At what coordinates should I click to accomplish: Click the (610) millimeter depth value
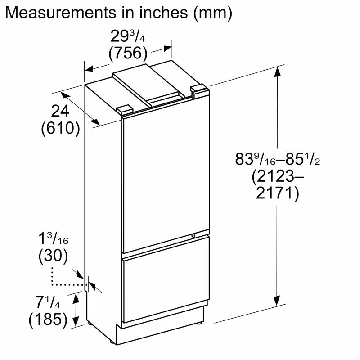(60, 129)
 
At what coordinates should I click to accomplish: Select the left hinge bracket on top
(125, 109)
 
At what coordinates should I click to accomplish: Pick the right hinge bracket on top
(198, 89)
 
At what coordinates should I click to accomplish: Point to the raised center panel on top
(148, 81)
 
